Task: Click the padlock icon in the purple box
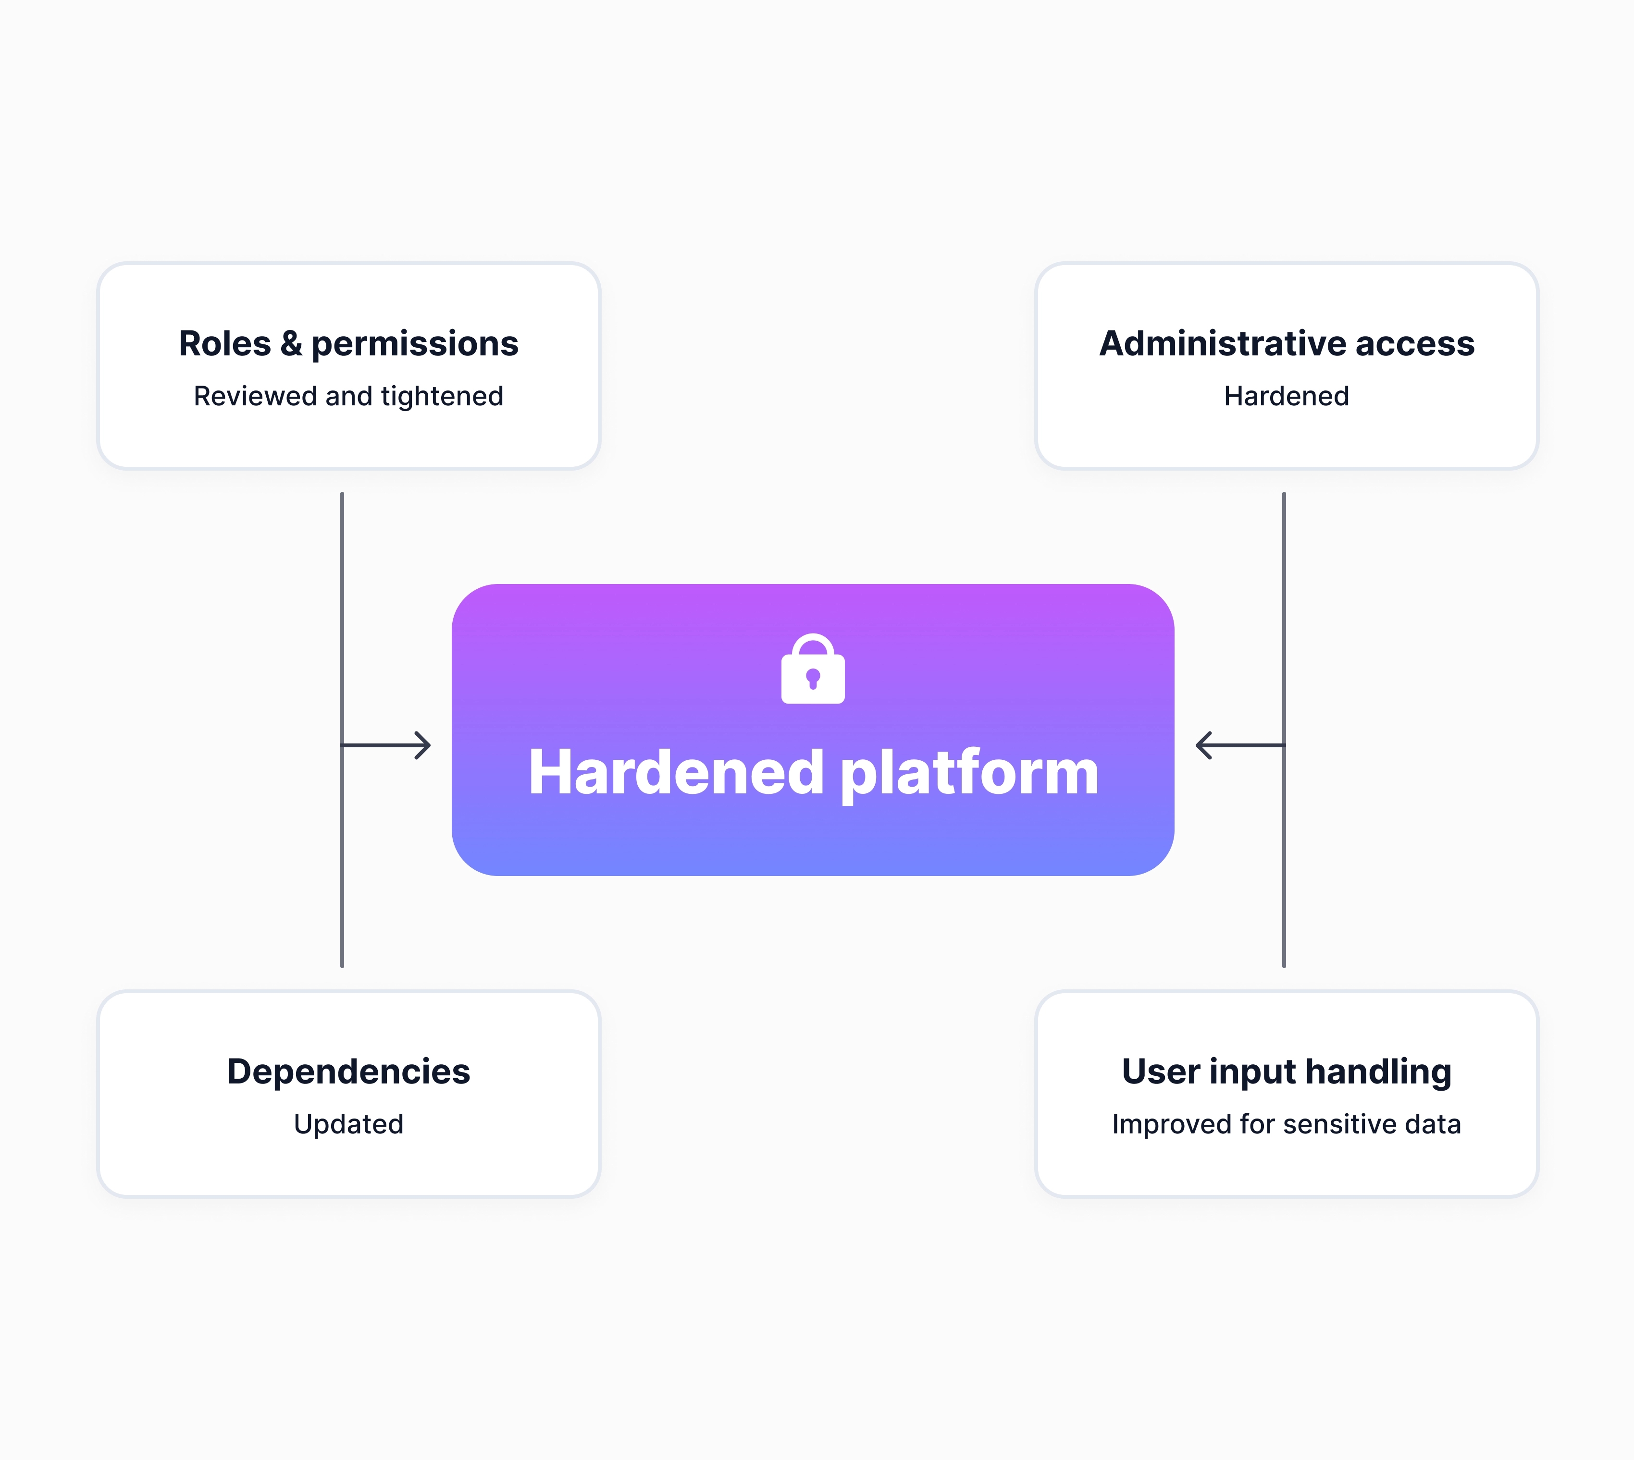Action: [813, 669]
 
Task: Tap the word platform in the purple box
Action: [969, 774]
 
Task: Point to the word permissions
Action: [415, 345]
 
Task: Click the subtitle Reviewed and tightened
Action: [348, 396]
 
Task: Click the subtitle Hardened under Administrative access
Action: [1287, 396]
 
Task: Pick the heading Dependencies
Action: [348, 1072]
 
